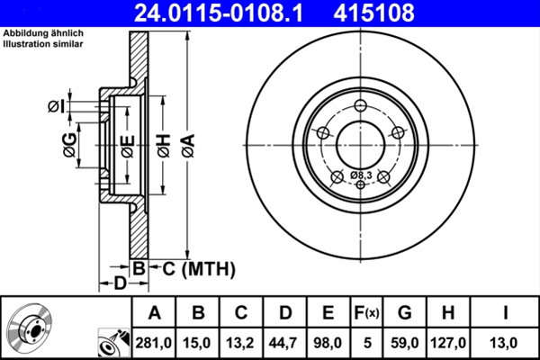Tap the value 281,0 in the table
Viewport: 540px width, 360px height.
pyautogui.click(x=155, y=343)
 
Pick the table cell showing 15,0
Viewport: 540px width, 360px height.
pyautogui.click(x=198, y=343)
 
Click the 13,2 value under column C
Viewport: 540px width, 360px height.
pyautogui.click(x=241, y=343)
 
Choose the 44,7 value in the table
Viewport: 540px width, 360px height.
pyautogui.click(x=284, y=343)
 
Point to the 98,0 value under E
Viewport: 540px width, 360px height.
pyautogui.click(x=328, y=343)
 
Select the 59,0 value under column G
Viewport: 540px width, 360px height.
pyautogui.click(x=404, y=343)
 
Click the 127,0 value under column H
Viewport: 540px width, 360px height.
pyautogui.click(x=447, y=343)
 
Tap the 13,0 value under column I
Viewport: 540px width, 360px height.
pyautogui.click(x=508, y=343)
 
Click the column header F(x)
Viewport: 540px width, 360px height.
pyautogui.click(x=365, y=313)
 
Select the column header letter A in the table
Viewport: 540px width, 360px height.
pyautogui.click(x=155, y=313)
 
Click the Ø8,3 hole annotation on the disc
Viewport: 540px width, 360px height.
pyautogui.click(x=361, y=174)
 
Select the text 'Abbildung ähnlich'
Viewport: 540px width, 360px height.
pyautogui.click(x=43, y=33)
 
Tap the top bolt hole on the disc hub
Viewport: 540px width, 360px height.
pyautogui.click(x=360, y=103)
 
